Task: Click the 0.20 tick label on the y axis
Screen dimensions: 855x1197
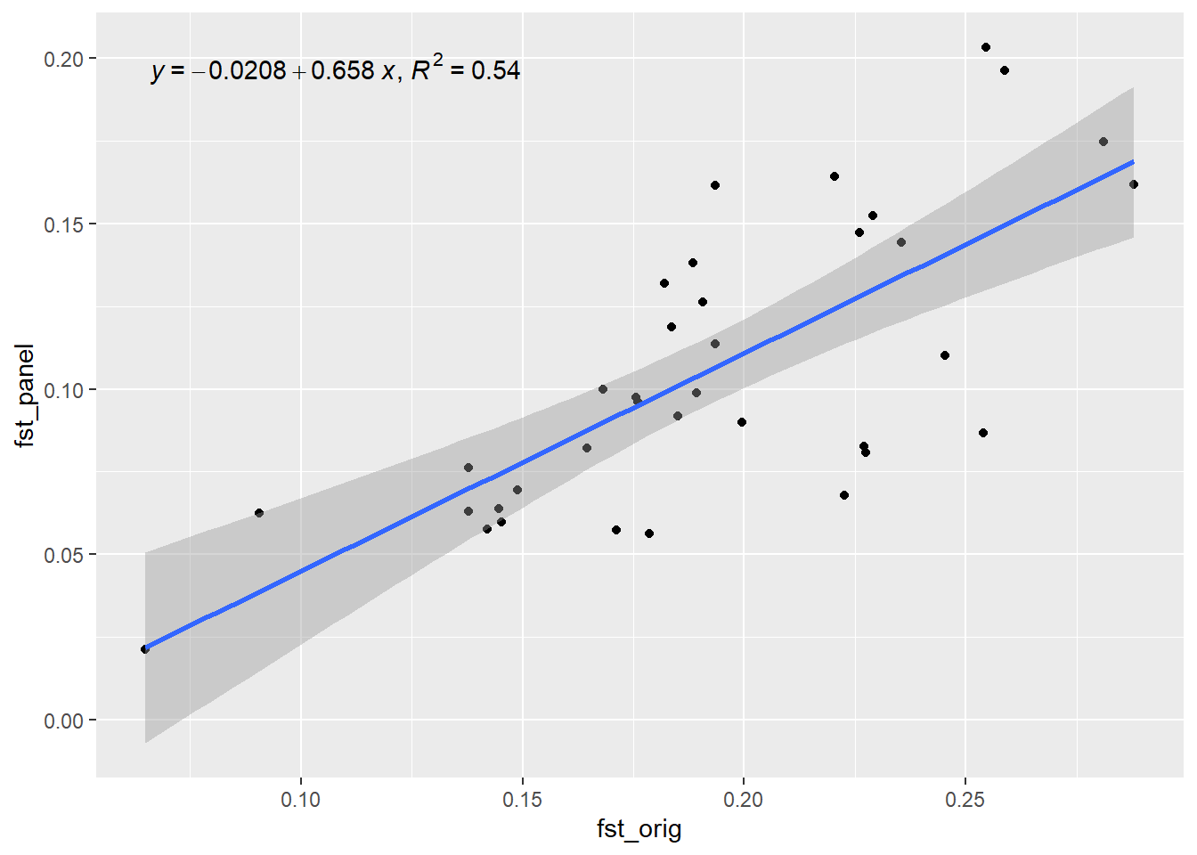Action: coord(63,59)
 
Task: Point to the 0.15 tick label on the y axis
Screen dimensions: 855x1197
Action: coord(63,224)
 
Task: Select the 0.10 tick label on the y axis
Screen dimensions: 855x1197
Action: coord(63,390)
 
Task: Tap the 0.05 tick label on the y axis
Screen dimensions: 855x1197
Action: coord(63,555)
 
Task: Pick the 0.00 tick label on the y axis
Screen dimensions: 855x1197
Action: coord(63,721)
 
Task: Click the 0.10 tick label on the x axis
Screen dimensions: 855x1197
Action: coord(301,800)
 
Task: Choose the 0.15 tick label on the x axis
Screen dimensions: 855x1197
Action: coord(522,800)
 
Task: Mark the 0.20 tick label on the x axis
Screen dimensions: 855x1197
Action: coord(744,800)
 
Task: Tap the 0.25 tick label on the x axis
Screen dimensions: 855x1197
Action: coord(965,800)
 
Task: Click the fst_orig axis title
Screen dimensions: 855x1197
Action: coord(639,829)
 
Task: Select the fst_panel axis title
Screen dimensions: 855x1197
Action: coord(25,395)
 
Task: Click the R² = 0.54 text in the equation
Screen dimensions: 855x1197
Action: coord(466,69)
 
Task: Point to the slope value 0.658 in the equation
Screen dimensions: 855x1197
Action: coord(343,71)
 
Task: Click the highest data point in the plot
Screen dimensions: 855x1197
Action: coord(986,47)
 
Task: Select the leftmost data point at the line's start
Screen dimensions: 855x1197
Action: coord(145,649)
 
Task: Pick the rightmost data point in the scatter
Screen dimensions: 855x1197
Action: coord(1134,184)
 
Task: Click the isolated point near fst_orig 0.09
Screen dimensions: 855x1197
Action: coord(259,513)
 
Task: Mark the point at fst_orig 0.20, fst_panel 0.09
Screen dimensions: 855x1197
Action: coord(742,422)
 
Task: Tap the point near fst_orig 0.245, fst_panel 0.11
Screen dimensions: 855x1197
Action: coord(945,355)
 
